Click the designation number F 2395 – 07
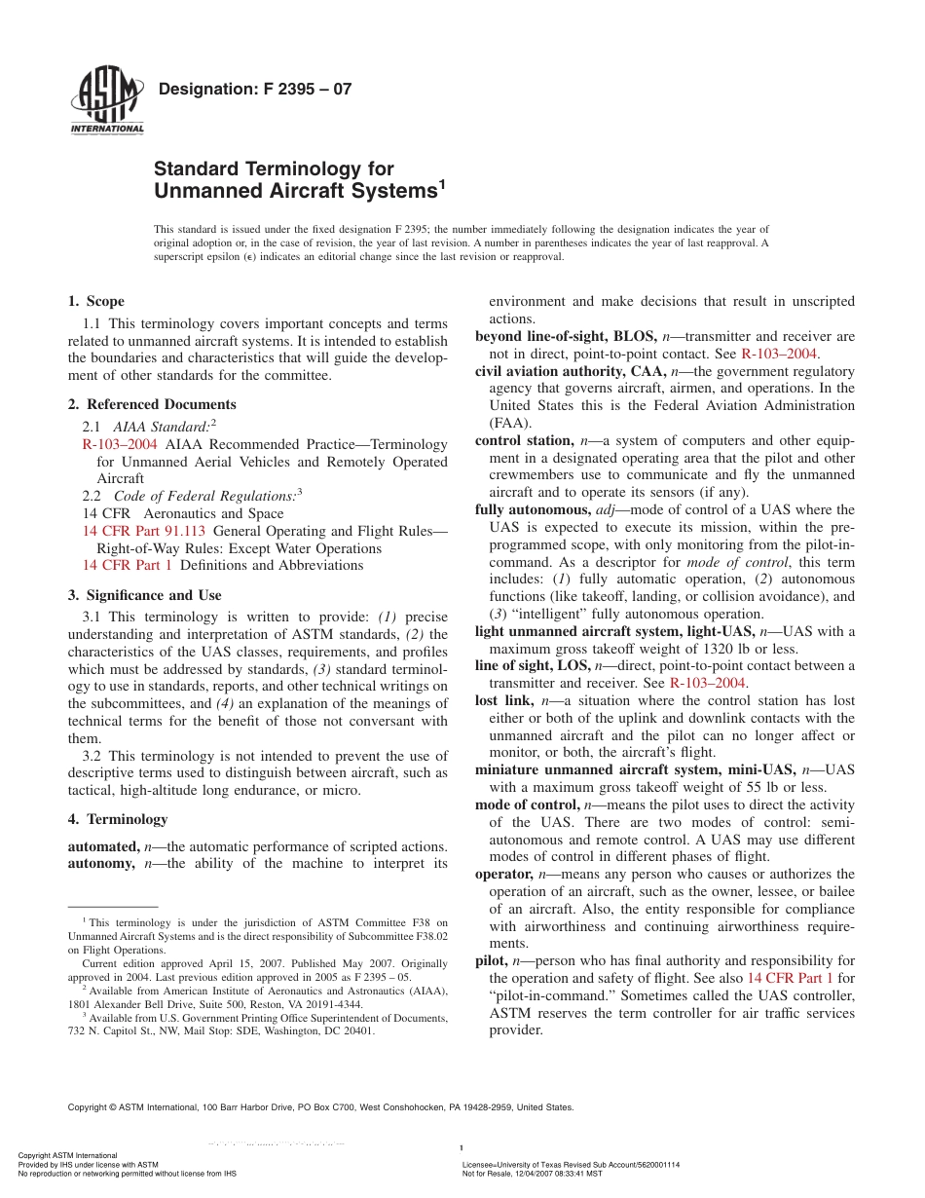coord(254,90)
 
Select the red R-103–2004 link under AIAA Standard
coord(120,444)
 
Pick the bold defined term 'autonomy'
coord(101,863)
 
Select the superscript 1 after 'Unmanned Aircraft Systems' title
coord(441,182)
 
